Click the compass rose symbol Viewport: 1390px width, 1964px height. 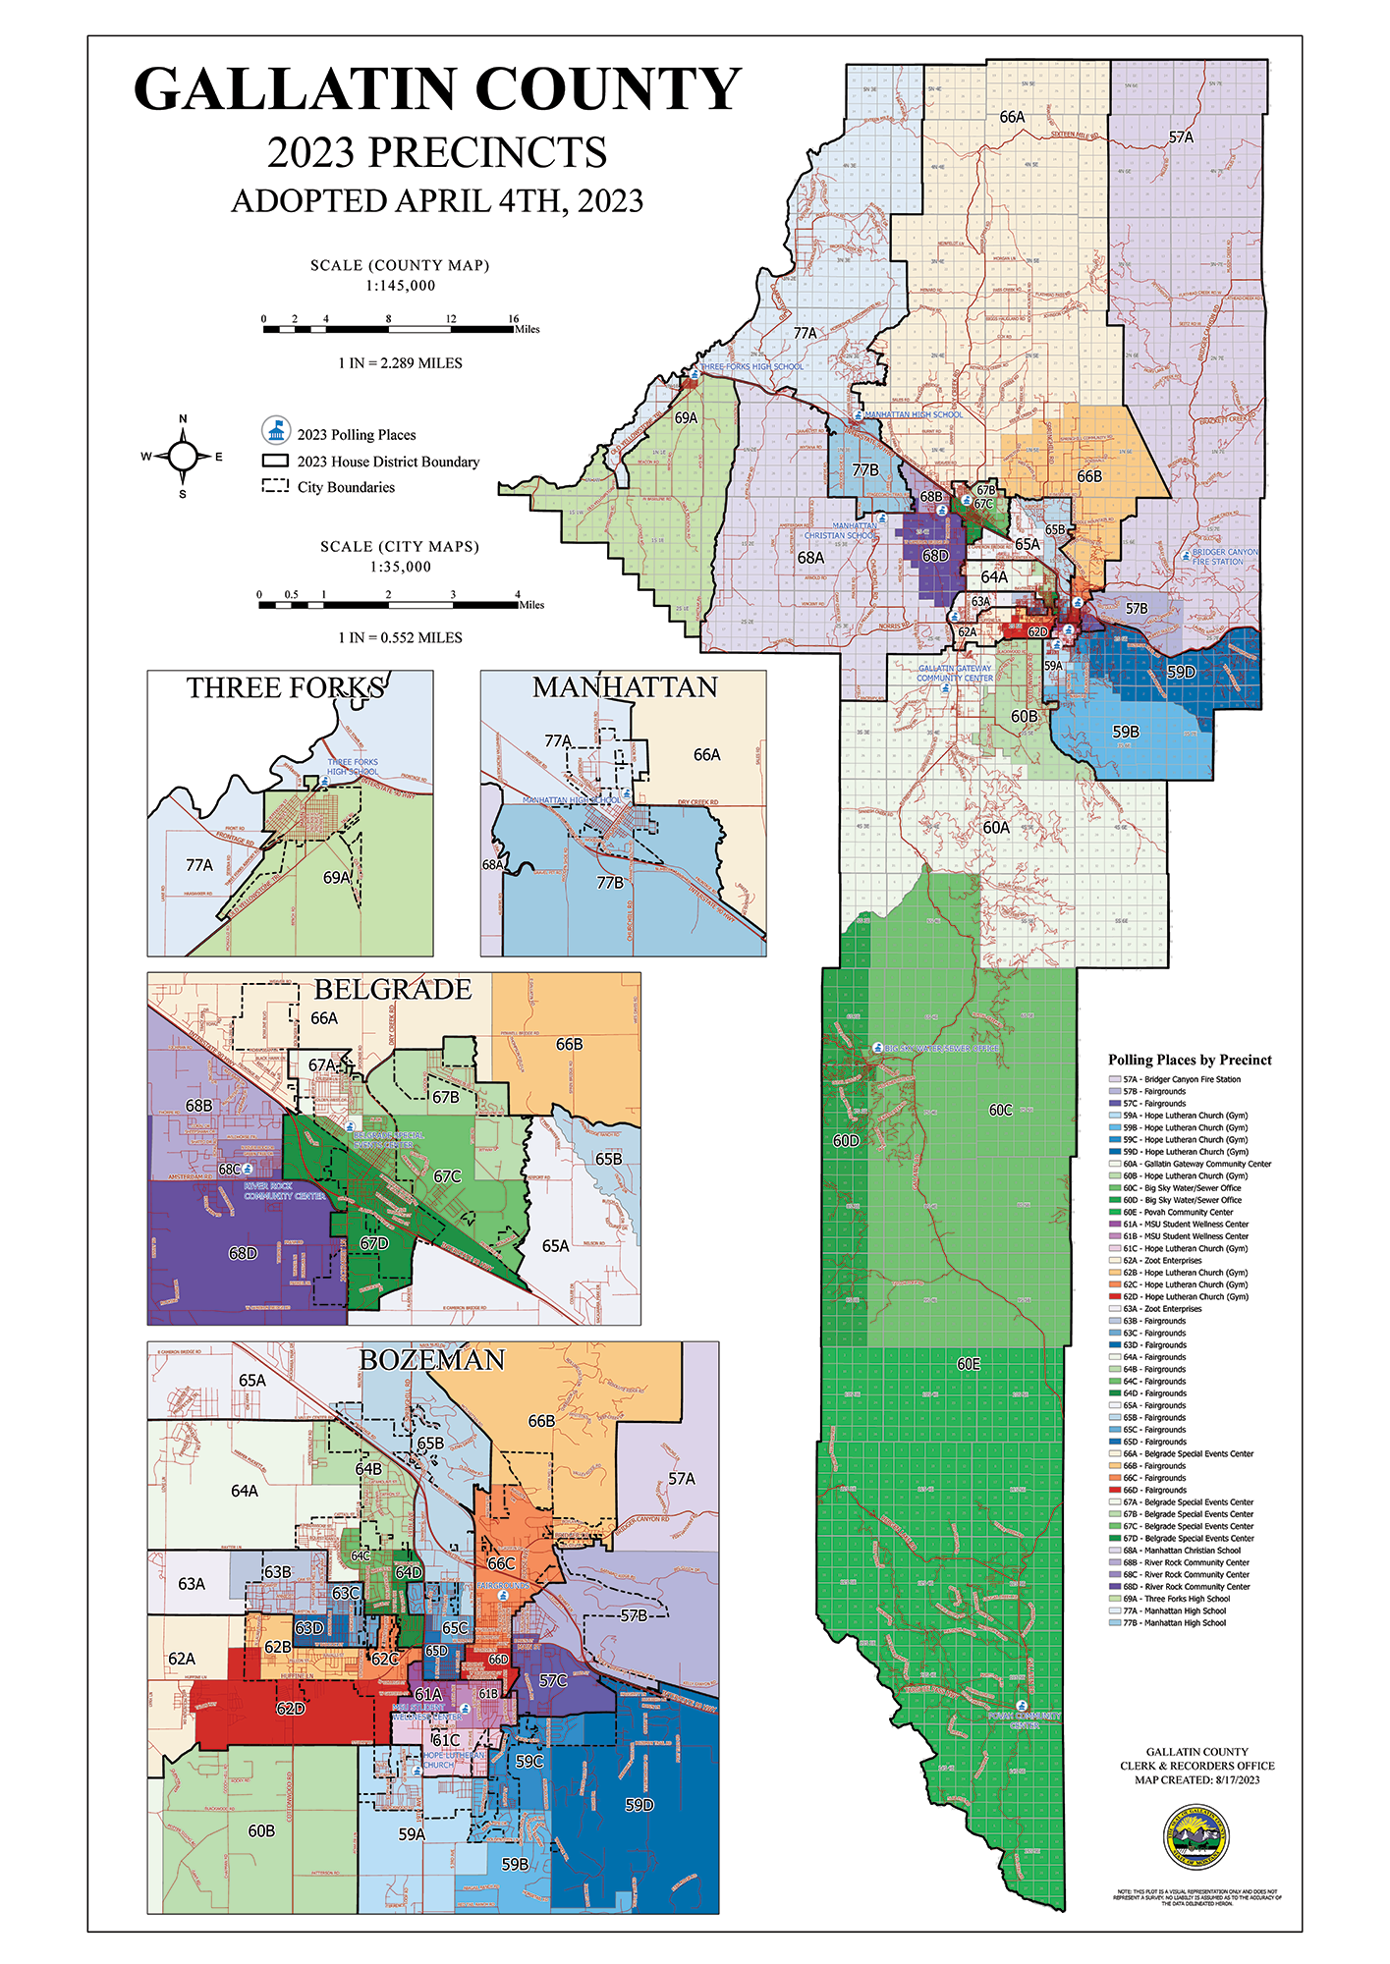point(183,457)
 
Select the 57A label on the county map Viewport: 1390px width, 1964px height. point(1181,137)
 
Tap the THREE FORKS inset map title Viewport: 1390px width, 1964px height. point(286,688)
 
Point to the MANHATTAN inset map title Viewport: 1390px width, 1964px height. point(625,687)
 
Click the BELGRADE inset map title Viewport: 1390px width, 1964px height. point(393,990)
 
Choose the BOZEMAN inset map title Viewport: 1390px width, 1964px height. point(432,1360)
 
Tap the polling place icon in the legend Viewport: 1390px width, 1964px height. point(276,431)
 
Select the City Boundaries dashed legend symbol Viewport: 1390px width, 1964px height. point(275,486)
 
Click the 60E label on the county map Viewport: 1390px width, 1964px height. point(968,1364)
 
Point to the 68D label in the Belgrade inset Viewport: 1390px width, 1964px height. point(243,1253)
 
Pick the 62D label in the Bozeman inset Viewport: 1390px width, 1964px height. point(290,1709)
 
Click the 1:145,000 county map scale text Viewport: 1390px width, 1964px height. point(400,286)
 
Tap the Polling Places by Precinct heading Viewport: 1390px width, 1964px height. point(1190,1060)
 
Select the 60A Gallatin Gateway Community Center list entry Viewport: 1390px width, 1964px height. point(1196,1164)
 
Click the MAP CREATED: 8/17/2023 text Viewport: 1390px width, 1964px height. point(1196,1779)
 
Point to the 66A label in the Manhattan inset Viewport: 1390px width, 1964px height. point(706,755)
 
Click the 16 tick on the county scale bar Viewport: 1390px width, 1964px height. point(513,319)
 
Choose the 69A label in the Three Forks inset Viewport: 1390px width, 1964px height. point(336,878)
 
